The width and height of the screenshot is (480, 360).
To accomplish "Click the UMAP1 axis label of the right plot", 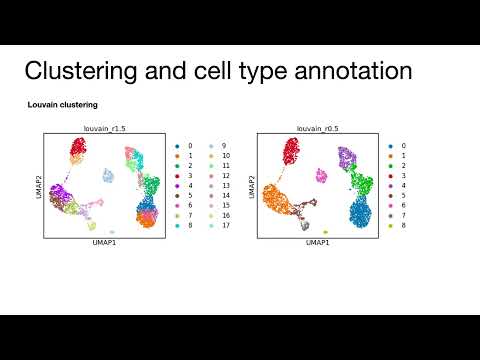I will pyautogui.click(x=317, y=243).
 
